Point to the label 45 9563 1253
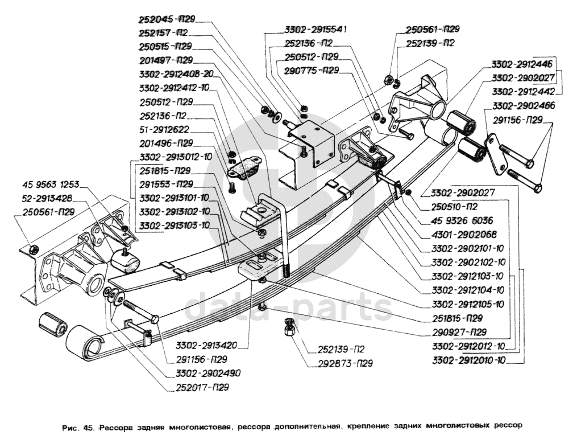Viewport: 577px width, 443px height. tap(52, 184)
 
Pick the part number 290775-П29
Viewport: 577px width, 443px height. tap(312, 70)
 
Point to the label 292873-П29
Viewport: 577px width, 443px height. tap(333, 362)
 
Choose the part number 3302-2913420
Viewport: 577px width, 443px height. tap(206, 344)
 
